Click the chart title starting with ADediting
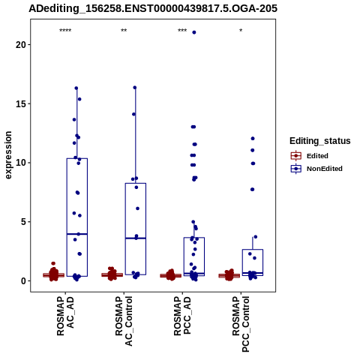point(153,8)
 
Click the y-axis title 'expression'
point(8,155)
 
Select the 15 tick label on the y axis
point(21,103)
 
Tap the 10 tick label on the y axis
point(21,163)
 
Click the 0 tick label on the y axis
point(24,280)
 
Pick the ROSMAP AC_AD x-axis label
point(65,316)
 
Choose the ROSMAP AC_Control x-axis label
point(124,321)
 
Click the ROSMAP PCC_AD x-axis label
point(182,316)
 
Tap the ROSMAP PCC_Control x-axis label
point(241,324)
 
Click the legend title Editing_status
point(320,141)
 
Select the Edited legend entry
point(310,156)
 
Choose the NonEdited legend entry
point(316,169)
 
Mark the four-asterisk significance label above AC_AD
point(65,31)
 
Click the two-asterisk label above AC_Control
point(124,31)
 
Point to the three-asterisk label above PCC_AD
point(182,31)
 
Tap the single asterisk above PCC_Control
point(241,31)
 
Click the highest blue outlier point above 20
point(194,32)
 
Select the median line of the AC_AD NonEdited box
point(77,234)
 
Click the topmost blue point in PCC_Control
point(253,139)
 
